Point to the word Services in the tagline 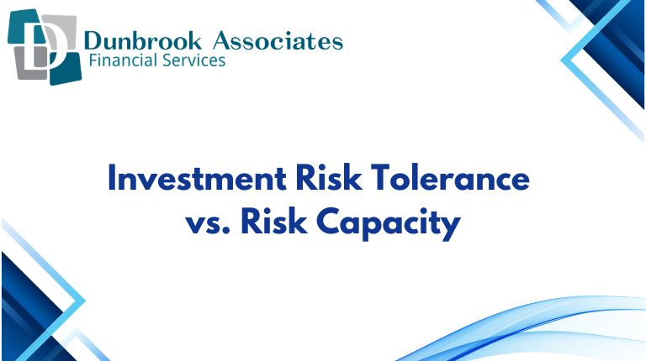point(194,61)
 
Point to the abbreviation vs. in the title point(208,224)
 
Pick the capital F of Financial point(93,61)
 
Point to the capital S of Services point(171,61)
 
